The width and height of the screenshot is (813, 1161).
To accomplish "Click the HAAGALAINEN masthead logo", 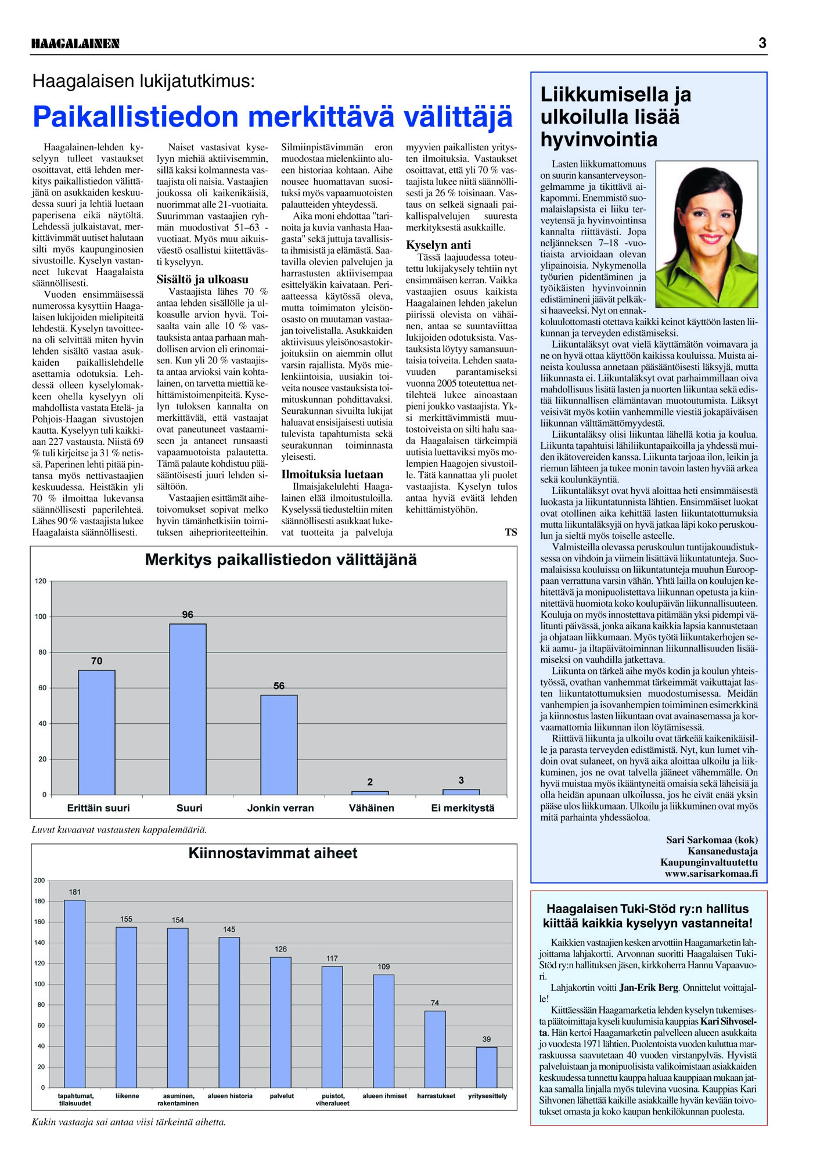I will click(75, 44).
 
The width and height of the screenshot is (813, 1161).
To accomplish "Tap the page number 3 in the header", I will click(762, 43).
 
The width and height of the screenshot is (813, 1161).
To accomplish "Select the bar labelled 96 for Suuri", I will click(188, 709).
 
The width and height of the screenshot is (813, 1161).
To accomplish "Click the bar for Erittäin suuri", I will click(96, 732).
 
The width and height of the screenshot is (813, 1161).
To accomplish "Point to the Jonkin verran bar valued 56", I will click(279, 744).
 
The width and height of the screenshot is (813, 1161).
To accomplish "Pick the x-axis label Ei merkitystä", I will click(462, 808).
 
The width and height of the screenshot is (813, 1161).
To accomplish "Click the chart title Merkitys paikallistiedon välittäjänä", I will click(280, 560).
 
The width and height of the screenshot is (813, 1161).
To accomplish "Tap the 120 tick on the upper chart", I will click(41, 581).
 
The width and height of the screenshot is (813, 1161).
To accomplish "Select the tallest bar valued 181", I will click(75, 993).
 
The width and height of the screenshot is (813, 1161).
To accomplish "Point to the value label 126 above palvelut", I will click(280, 949).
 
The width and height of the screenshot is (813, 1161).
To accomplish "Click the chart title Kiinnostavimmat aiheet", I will click(273, 853).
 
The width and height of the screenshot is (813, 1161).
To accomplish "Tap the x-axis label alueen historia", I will click(230, 1096).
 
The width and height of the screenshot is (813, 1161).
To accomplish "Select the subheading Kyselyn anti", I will click(438, 245).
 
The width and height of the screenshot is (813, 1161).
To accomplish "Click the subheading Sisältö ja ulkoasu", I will click(202, 279).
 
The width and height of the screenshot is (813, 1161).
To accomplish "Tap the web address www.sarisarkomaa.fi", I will click(711, 874).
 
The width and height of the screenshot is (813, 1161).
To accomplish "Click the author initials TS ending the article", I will click(510, 532).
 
